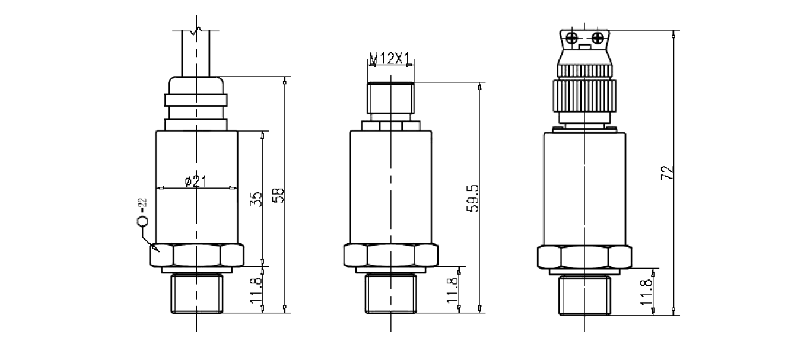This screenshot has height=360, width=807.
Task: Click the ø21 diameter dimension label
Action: [196, 181]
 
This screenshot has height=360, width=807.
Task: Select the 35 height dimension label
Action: [256, 199]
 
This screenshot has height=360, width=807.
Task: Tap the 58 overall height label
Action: [278, 196]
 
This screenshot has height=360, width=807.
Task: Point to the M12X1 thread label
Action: [390, 58]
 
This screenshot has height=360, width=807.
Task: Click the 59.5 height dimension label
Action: [473, 198]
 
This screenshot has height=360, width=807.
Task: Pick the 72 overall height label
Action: [667, 173]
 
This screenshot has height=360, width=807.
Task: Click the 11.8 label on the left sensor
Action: [255, 290]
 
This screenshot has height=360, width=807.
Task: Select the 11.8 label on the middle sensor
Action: [453, 290]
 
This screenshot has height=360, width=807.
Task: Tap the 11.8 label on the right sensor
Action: [646, 292]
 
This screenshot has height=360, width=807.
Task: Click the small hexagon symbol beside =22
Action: [142, 222]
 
